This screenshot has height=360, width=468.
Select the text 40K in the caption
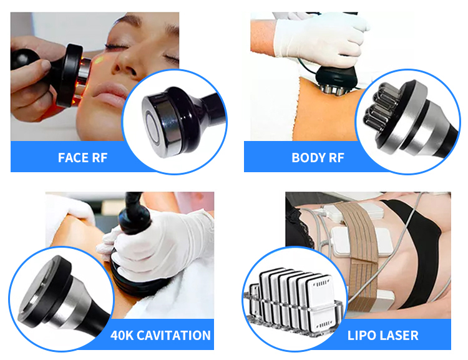point(123,336)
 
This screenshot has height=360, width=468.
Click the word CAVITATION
point(177,336)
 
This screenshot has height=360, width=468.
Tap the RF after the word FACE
point(99,157)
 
